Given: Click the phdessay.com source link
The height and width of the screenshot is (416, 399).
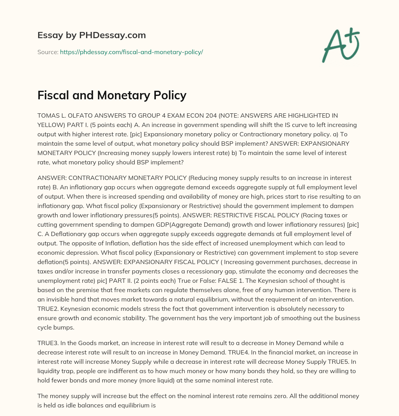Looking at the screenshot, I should [x=131, y=52].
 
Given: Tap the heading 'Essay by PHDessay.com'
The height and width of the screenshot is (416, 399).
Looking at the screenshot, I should [x=92, y=35].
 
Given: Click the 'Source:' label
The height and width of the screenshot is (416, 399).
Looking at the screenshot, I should [x=48, y=52].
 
